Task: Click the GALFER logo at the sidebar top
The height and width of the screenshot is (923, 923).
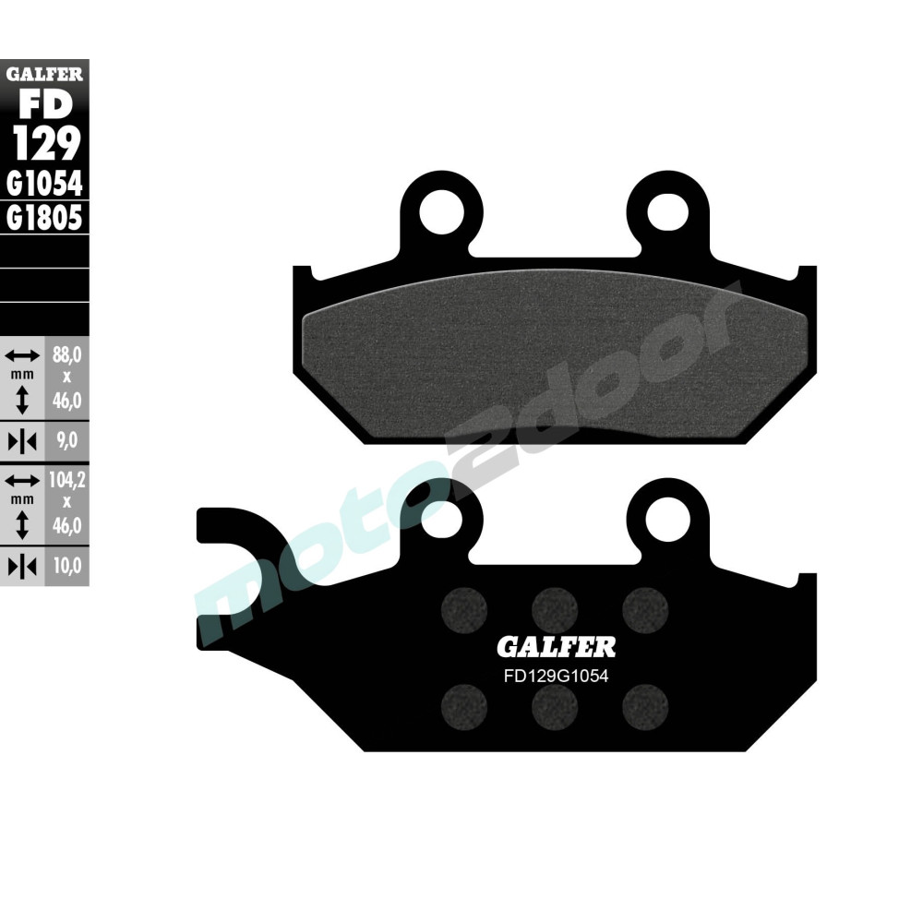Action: (44, 73)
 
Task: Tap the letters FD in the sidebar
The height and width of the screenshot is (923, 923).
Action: (44, 103)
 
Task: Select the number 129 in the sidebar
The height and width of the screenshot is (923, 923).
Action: (44, 144)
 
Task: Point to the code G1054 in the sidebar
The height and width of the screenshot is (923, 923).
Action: (44, 185)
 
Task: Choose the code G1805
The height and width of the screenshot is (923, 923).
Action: (44, 218)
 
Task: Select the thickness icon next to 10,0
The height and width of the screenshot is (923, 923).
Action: (22, 564)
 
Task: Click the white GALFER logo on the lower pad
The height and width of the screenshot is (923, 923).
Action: (556, 645)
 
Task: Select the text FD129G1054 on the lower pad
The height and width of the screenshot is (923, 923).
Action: (556, 675)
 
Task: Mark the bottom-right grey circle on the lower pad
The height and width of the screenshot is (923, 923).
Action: (643, 708)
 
